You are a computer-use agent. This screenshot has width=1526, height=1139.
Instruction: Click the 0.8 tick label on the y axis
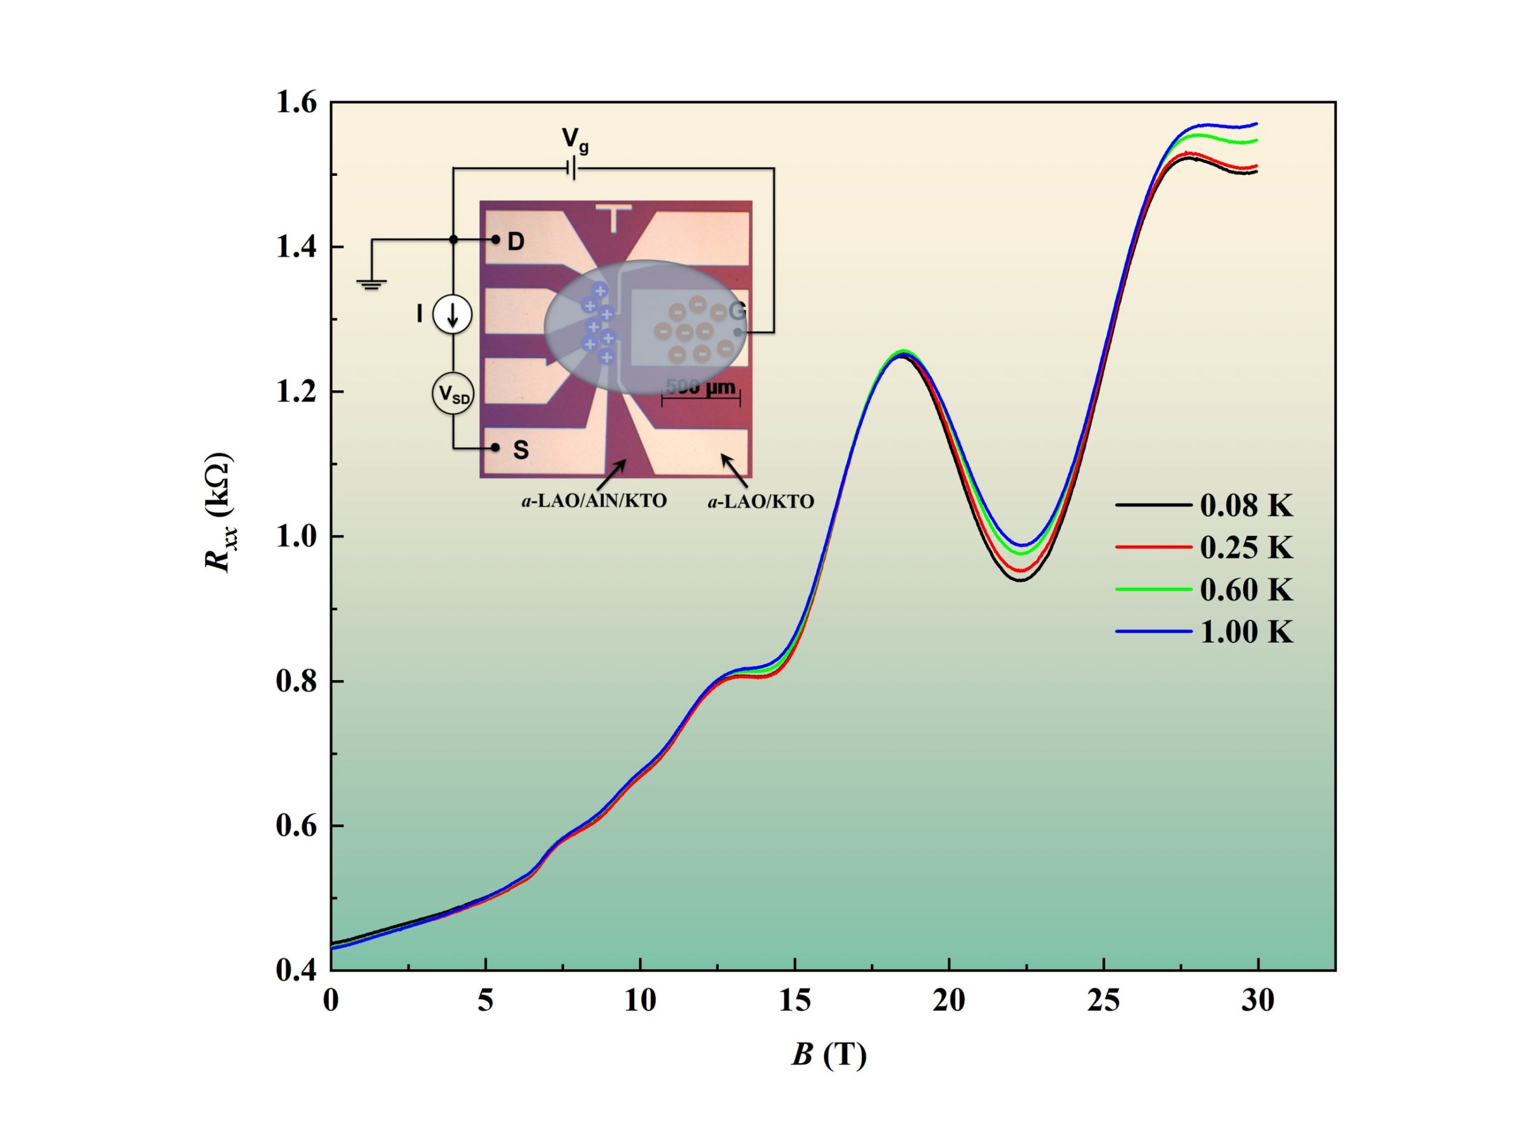coord(296,681)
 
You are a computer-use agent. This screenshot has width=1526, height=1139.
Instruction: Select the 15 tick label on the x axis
coord(795,1000)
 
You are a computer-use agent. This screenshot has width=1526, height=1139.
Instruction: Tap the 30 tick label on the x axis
coord(1258,1000)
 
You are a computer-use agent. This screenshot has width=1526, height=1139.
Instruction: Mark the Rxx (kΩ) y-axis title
coord(219,511)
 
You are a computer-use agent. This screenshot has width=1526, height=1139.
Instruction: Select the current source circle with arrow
coord(452,314)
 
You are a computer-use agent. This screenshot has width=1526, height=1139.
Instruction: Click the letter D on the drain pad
coord(516,241)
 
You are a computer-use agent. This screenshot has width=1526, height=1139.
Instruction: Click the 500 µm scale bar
coord(700,395)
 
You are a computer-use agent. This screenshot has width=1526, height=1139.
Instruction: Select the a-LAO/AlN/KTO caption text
coord(594,501)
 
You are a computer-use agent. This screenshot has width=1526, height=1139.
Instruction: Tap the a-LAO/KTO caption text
coord(760,502)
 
